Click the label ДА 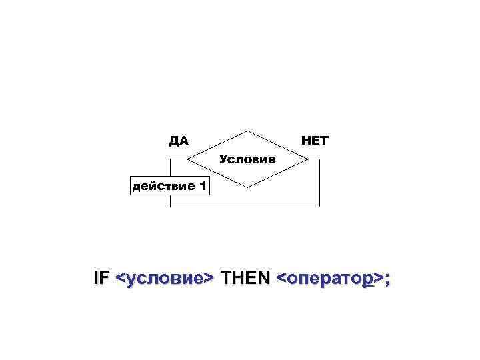178,141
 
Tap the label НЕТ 315,141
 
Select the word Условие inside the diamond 247,160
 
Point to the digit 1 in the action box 201,186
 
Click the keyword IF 101,278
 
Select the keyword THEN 245,278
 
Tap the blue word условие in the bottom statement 165,279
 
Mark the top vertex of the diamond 247,131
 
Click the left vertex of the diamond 187,159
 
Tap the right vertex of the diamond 308,159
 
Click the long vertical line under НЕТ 320,183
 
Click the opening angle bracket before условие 120,279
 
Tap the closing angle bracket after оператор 378,279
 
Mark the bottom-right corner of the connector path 320,207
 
